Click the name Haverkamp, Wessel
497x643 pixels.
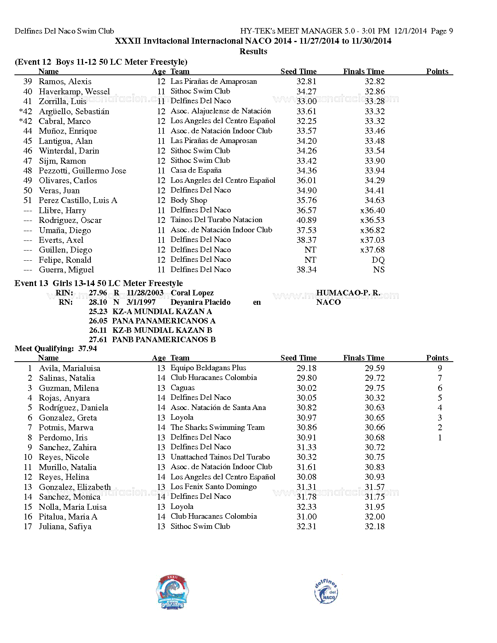coord(74,92)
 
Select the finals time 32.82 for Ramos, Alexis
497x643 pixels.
coord(375,81)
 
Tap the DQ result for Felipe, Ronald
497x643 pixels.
coord(378,260)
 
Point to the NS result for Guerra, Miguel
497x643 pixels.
coord(378,270)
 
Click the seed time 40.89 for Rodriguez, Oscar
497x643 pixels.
coord(306,220)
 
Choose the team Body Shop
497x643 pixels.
coord(189,200)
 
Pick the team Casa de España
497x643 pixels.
coord(196,170)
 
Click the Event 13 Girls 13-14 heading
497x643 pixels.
coord(99,283)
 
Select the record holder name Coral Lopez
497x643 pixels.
coord(192,293)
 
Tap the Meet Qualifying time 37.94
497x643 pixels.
coord(87,348)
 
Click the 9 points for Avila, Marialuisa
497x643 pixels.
coord(440,368)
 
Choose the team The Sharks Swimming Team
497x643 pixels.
coord(218,427)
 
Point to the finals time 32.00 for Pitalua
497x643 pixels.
coord(375,517)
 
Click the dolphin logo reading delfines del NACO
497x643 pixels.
coord(326,592)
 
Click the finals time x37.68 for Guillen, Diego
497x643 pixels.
coord(372,250)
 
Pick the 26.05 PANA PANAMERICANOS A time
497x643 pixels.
coord(98,321)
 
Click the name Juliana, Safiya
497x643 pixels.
coord(65,526)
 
